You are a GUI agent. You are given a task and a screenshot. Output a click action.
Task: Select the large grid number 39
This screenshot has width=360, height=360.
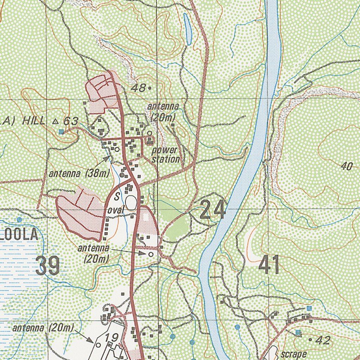[x=48, y=266]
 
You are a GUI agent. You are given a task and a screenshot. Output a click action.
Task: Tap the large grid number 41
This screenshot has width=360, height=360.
[x=269, y=265]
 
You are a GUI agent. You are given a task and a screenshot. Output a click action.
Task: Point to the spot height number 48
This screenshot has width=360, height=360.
[x=138, y=88]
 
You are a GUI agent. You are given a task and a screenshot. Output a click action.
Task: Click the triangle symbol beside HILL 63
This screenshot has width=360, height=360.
[x=55, y=121]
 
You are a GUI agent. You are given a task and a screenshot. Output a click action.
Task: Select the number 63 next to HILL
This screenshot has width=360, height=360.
[x=70, y=121]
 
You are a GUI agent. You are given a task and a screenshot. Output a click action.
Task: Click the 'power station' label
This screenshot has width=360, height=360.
[x=166, y=155]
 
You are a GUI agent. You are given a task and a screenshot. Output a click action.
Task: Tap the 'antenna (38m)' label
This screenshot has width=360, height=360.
[x=79, y=173]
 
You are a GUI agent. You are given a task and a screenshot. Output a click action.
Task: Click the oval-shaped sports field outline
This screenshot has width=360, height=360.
[x=131, y=203]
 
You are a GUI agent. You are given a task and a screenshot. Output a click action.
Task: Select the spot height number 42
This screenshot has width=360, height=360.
[x=323, y=340]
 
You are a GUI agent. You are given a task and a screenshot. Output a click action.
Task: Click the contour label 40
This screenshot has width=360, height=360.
[x=346, y=166]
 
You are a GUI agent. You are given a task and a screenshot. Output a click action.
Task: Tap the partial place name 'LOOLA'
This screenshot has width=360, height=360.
[x=19, y=235]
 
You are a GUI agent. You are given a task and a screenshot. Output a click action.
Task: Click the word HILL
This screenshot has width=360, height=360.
[x=33, y=121]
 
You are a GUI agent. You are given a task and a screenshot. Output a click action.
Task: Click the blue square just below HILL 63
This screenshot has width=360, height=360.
[x=62, y=132]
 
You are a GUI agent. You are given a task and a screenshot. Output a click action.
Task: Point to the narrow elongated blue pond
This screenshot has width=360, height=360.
[x=188, y=29]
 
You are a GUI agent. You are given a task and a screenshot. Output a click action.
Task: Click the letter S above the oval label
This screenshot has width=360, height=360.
[x=116, y=195]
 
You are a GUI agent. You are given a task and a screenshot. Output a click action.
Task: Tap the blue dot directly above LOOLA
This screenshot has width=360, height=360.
[x=19, y=219]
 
